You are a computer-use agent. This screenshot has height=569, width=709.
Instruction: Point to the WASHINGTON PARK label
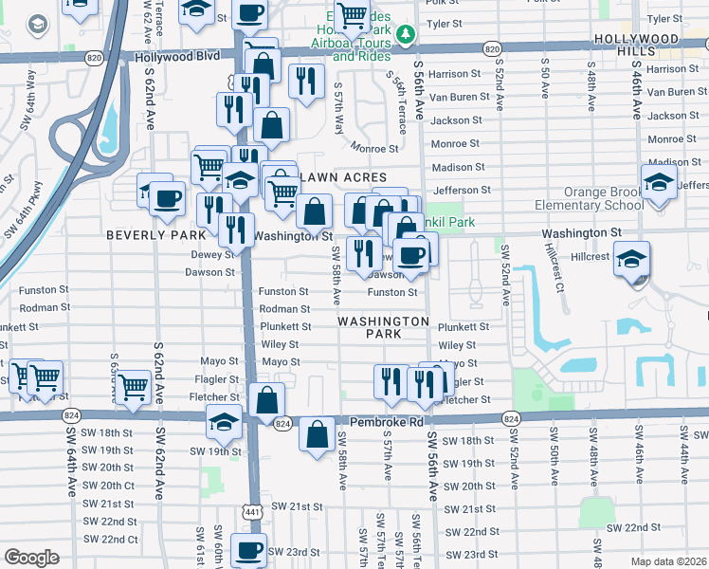(x=383, y=327)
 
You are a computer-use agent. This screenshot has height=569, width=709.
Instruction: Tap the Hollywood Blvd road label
(x=177, y=57)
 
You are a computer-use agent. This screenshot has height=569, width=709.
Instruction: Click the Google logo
(x=31, y=557)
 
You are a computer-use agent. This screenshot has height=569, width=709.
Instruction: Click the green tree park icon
(x=407, y=35)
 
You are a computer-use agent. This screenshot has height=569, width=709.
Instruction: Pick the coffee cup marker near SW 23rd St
(x=250, y=550)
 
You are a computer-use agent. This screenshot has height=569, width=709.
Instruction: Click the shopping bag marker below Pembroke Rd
(x=317, y=435)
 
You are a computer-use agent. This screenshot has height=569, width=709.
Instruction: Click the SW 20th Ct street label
(x=116, y=486)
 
